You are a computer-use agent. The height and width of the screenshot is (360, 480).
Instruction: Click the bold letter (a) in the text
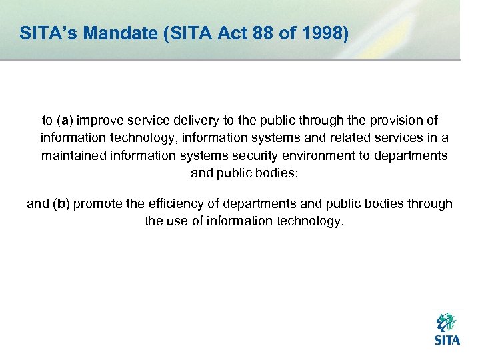pyautogui.click(x=65, y=121)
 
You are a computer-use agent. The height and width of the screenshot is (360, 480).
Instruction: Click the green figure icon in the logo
pyautogui.click(x=446, y=323)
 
